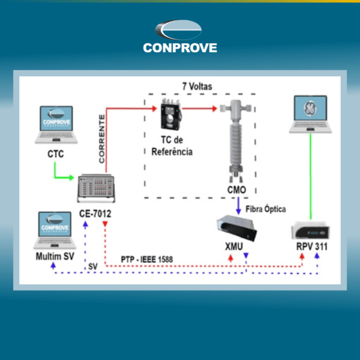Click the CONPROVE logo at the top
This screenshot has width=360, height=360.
click(179, 37)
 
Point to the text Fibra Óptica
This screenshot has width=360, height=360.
click(266, 209)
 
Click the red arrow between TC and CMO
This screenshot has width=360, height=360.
click(200, 109)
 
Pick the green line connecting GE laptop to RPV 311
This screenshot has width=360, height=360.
click(311, 177)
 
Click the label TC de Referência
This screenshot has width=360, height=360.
click(172, 148)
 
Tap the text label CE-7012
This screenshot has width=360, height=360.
click(95, 213)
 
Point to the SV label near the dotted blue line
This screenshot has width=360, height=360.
click(92, 266)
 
